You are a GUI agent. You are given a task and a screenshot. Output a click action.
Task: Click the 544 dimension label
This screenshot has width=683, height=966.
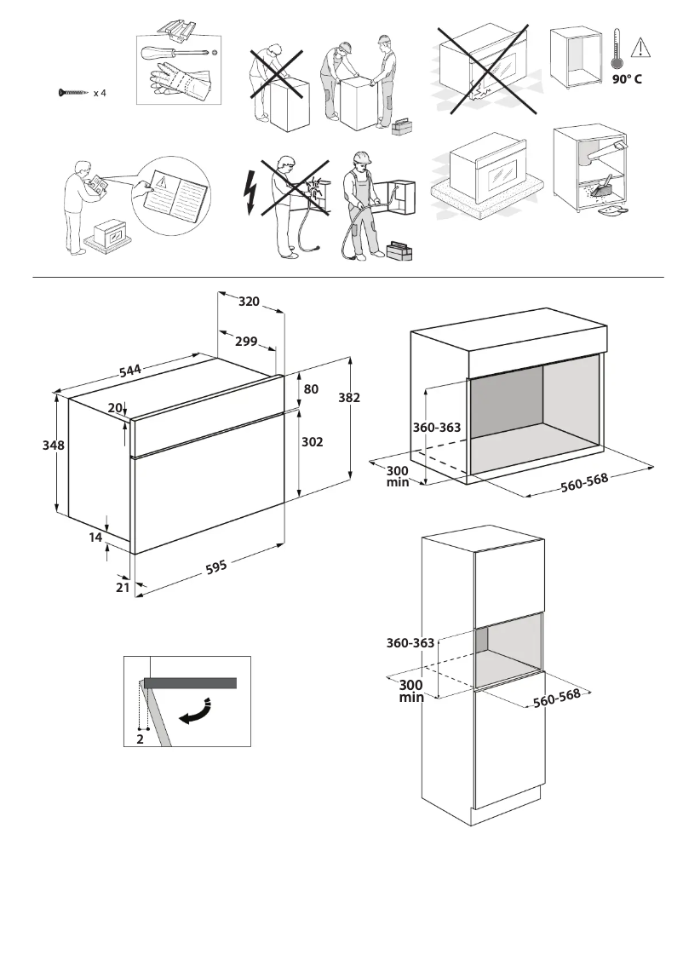pyautogui.click(x=130, y=371)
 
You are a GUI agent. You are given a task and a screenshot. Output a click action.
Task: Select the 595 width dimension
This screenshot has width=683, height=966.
pyautogui.click(x=216, y=566)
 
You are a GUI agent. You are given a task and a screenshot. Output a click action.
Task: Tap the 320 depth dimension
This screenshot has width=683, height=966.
pyautogui.click(x=249, y=302)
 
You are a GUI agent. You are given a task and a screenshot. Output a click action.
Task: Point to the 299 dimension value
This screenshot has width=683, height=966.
pyautogui.click(x=246, y=342)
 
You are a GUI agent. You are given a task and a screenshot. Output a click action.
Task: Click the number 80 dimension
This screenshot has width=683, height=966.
pyautogui.click(x=311, y=389)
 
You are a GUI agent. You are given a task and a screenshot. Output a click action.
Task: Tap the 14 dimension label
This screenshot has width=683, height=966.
pyautogui.click(x=95, y=538)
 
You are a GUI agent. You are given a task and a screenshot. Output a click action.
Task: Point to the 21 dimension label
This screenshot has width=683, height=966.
pyautogui.click(x=122, y=587)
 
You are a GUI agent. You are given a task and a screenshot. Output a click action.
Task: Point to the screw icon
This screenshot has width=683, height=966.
pyautogui.click(x=73, y=92)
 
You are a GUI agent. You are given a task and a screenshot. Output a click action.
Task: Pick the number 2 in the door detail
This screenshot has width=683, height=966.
pyautogui.click(x=140, y=739)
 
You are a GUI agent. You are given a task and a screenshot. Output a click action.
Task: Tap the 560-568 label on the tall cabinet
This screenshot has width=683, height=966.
pyautogui.click(x=556, y=698)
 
